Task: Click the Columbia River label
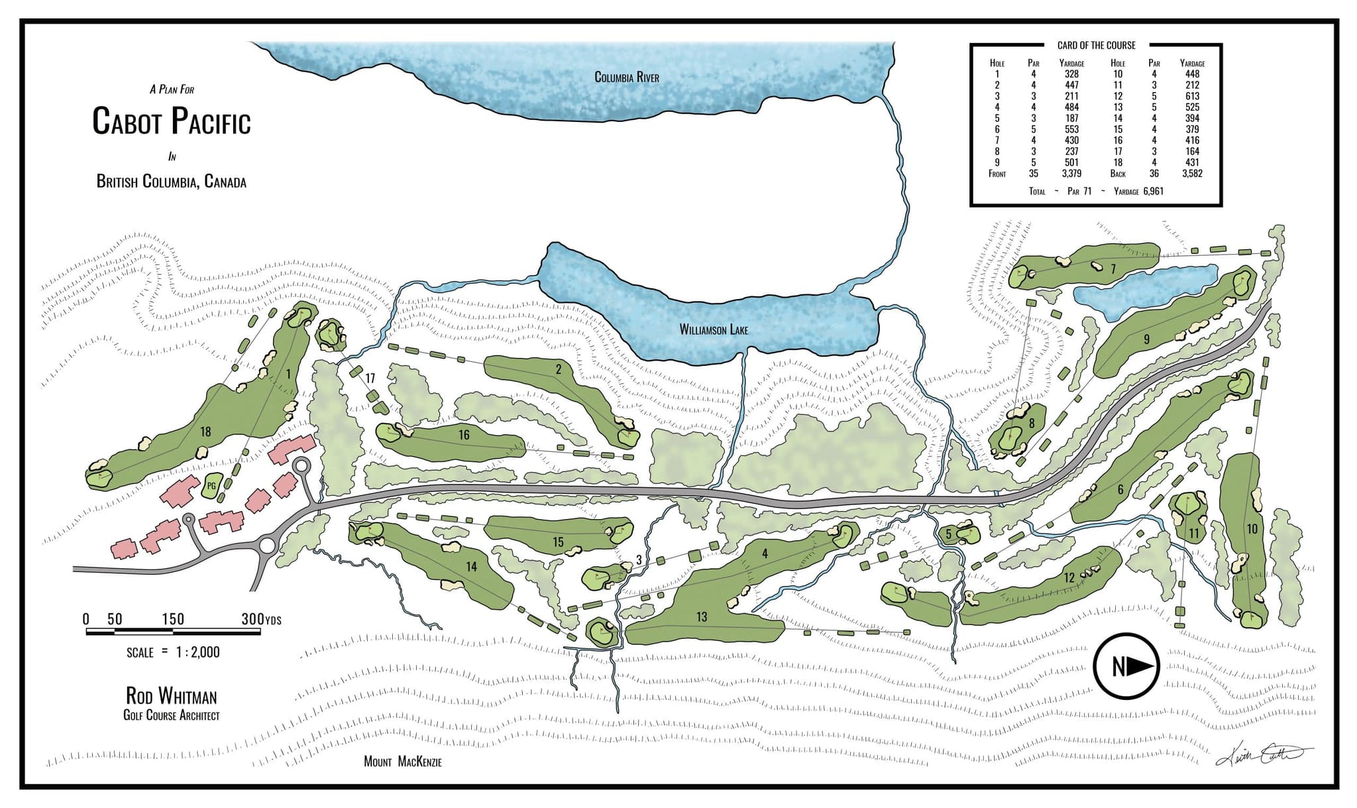626,78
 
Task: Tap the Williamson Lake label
714,329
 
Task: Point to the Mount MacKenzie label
402,762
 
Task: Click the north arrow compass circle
1125,666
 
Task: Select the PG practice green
211,486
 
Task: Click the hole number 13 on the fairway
701,617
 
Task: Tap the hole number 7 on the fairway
1113,268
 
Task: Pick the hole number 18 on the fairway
205,432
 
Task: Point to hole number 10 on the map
1251,529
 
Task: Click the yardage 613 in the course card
1192,96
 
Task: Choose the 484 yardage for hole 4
1071,107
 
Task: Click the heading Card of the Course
1096,45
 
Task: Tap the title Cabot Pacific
172,122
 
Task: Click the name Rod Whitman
172,696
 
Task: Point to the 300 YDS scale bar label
261,619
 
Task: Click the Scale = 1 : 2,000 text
173,652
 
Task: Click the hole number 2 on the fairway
559,370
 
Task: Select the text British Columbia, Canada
172,182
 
